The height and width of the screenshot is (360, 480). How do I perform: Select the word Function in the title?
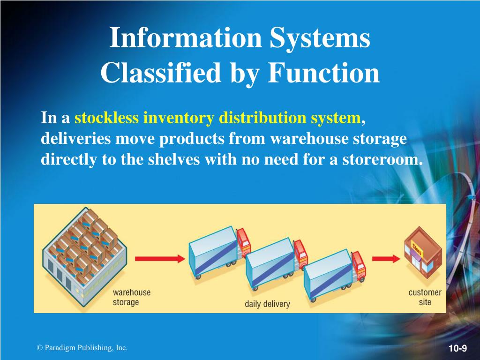(324, 73)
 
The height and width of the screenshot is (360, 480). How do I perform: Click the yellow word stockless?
(106, 118)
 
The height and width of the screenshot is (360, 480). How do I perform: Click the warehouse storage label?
(132, 297)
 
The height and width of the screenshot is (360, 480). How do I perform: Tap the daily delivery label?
(267, 304)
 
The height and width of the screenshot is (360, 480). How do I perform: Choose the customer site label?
(425, 297)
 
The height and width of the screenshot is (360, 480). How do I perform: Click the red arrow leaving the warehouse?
(157, 258)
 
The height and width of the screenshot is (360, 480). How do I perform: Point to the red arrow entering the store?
(386, 258)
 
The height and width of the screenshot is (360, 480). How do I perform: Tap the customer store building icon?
(422, 253)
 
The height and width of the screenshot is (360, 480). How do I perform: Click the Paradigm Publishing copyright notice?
(82, 347)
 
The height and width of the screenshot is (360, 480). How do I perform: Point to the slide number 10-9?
(457, 348)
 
